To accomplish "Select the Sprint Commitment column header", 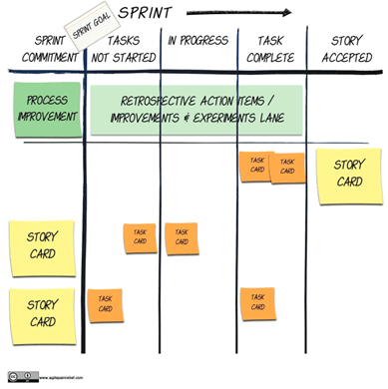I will click(x=43, y=48).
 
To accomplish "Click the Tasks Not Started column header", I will click(x=123, y=48).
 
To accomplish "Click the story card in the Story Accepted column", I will click(x=348, y=174).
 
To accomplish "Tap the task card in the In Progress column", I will click(x=182, y=237).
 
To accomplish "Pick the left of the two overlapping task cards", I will click(x=255, y=166).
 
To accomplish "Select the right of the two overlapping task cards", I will click(x=288, y=168).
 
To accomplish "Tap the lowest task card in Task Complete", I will click(x=257, y=303).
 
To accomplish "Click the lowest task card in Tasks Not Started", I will click(x=105, y=304).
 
